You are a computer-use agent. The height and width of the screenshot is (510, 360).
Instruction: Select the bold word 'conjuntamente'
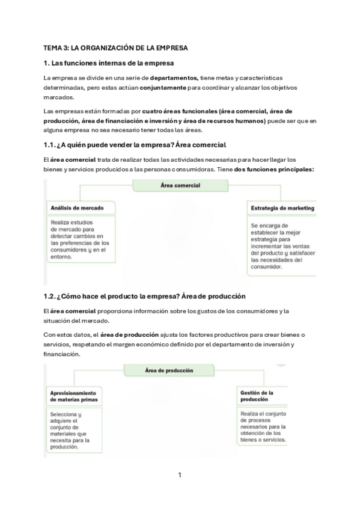(x=163, y=88)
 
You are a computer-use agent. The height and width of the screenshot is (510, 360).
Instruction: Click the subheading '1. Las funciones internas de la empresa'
(x=109, y=63)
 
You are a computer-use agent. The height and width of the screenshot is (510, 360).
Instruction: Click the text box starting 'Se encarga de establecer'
(x=282, y=247)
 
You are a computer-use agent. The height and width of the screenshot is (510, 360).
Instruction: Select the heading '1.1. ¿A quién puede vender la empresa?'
(x=135, y=145)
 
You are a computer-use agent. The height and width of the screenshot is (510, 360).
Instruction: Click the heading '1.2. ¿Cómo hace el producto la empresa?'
(x=144, y=296)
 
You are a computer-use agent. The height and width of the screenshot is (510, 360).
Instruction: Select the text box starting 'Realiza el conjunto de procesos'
(x=262, y=426)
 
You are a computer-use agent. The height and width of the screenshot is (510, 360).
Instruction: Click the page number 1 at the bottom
(x=179, y=475)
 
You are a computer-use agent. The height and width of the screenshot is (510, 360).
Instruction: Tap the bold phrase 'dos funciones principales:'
(x=274, y=170)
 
